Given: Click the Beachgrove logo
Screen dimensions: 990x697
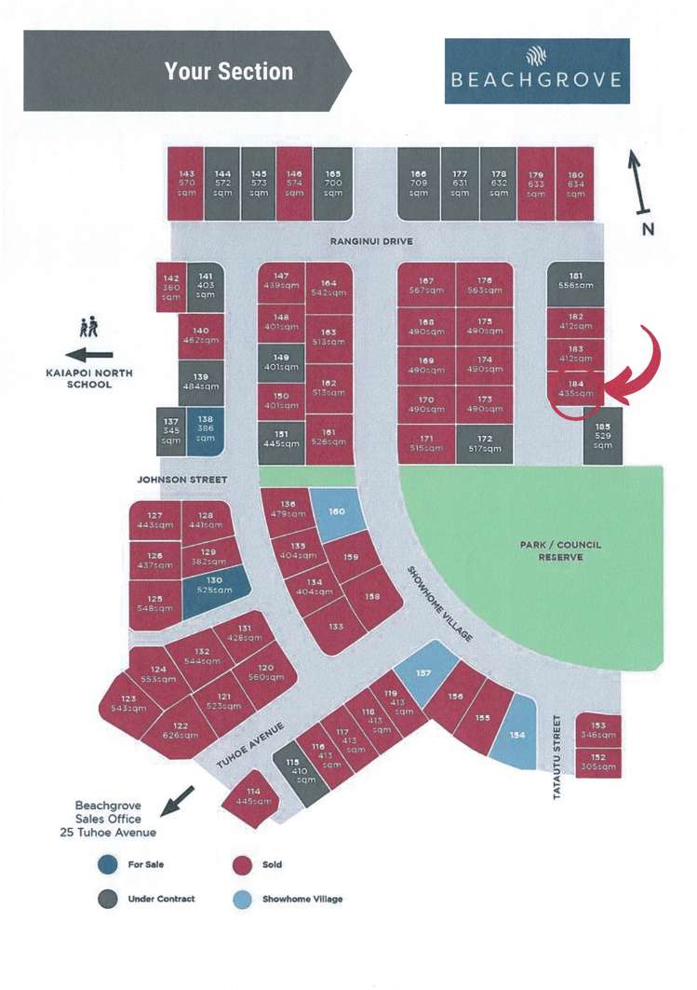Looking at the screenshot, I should pyautogui.click(x=536, y=70).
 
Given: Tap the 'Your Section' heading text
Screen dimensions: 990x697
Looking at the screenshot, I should pyautogui.click(x=229, y=72).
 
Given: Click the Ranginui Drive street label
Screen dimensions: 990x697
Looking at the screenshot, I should pyautogui.click(x=371, y=242).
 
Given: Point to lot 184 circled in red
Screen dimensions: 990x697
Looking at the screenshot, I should pyautogui.click(x=575, y=388).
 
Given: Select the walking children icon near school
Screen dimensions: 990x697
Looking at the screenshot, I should pyautogui.click(x=89, y=327).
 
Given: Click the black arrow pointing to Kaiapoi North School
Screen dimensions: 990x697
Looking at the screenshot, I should pyautogui.click(x=89, y=355).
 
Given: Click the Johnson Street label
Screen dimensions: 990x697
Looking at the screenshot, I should pyautogui.click(x=181, y=480).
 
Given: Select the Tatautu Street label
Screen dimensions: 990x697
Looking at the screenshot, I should pyautogui.click(x=557, y=742).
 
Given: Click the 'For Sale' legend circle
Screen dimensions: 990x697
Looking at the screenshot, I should pyautogui.click(x=109, y=865).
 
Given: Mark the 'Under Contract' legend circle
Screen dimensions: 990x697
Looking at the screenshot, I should pyautogui.click(x=109, y=899).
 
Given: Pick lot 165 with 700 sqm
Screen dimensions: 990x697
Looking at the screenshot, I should pyautogui.click(x=333, y=183).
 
